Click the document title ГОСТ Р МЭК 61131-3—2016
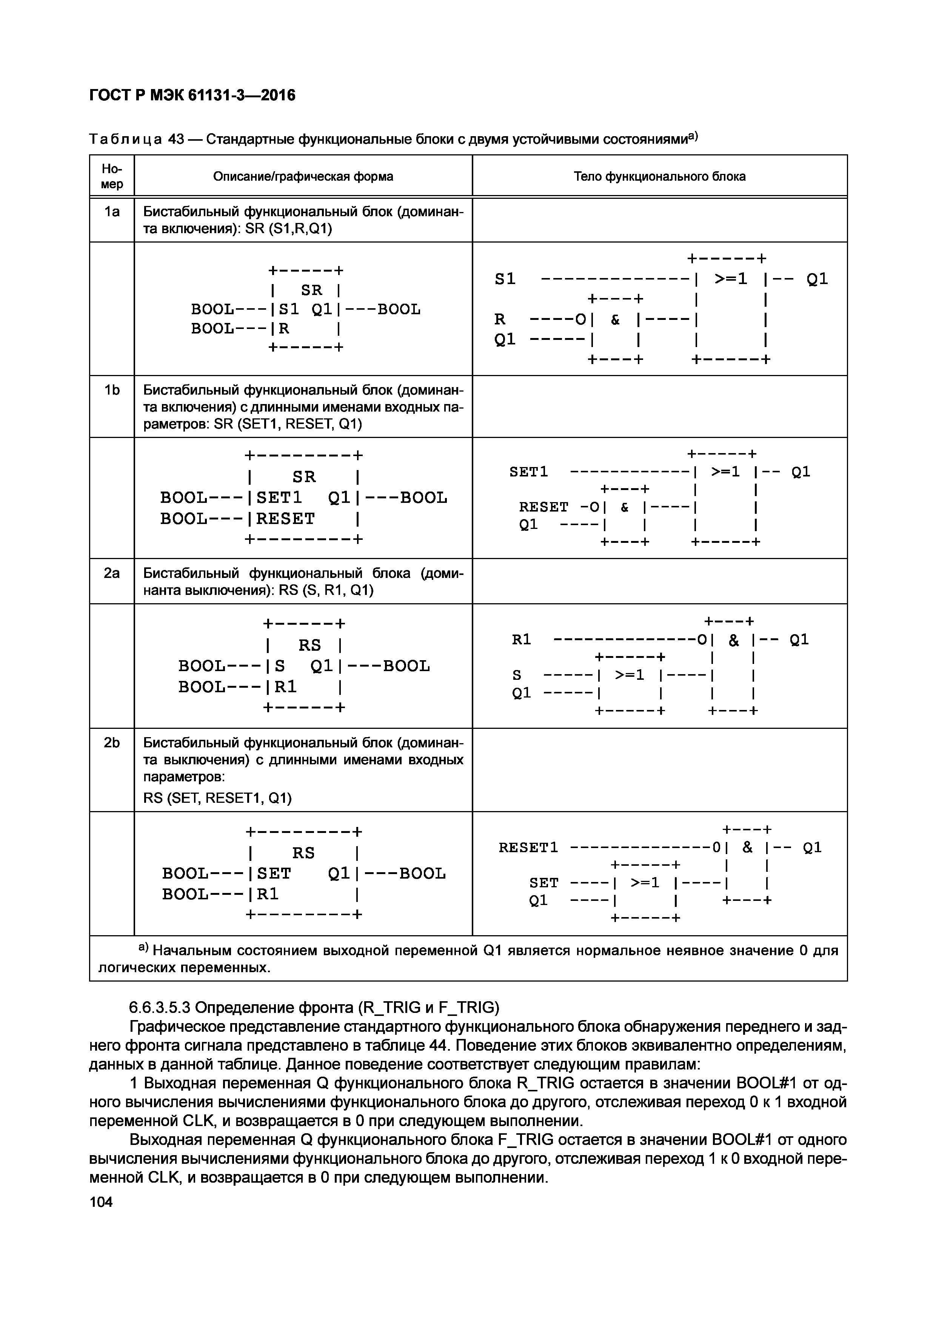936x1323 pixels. click(192, 95)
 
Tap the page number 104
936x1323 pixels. click(102, 1202)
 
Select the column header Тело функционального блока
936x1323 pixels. click(659, 176)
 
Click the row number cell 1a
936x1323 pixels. click(112, 212)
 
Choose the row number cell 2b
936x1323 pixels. click(112, 743)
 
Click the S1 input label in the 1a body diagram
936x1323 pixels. click(505, 280)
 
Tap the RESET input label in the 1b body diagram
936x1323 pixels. click(543, 507)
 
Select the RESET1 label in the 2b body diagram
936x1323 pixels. click(528, 848)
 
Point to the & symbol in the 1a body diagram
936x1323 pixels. click(615, 320)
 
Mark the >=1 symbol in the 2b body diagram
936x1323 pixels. click(644, 882)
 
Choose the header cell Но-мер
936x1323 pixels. click(112, 176)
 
